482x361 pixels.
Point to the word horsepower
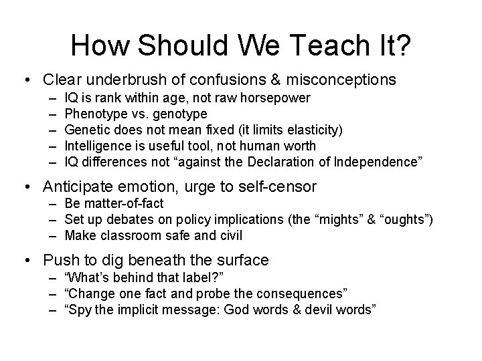276,98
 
